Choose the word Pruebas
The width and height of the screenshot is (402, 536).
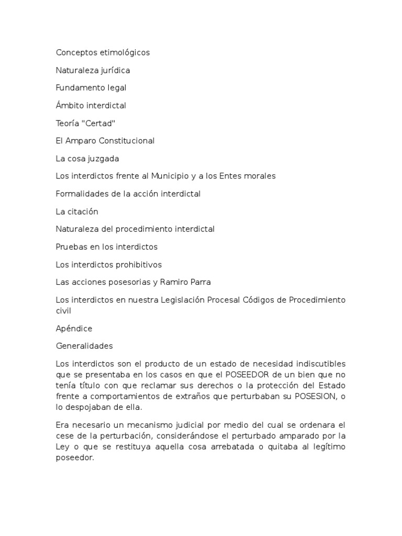point(71,247)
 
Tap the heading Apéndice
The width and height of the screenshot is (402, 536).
point(74,328)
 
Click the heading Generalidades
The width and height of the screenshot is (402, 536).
point(84,346)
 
